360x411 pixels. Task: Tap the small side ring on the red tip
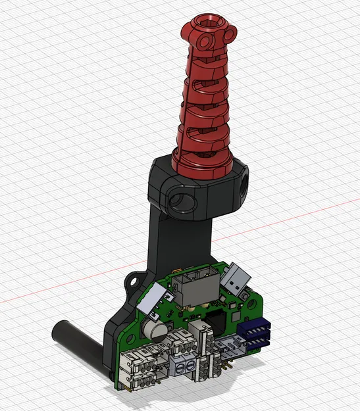tap(230, 30)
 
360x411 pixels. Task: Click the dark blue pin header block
tap(257, 335)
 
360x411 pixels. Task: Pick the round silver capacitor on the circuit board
tap(155, 327)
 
